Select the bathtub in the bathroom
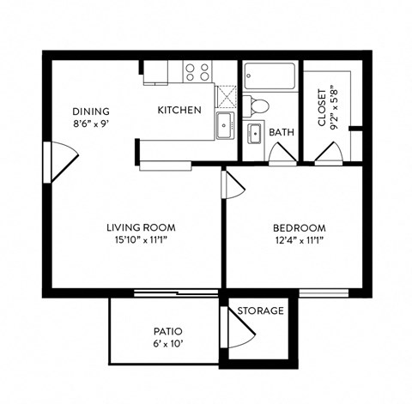pos(269,77)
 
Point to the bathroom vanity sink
pos(255,135)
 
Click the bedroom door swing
pos(232,184)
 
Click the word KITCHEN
pos(179,110)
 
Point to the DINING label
pos(90,111)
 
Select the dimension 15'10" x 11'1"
pos(141,241)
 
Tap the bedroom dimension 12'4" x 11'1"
pos(299,241)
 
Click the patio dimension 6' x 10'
pos(168,344)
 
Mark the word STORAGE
pos(260,310)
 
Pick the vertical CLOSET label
pos(322,106)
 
